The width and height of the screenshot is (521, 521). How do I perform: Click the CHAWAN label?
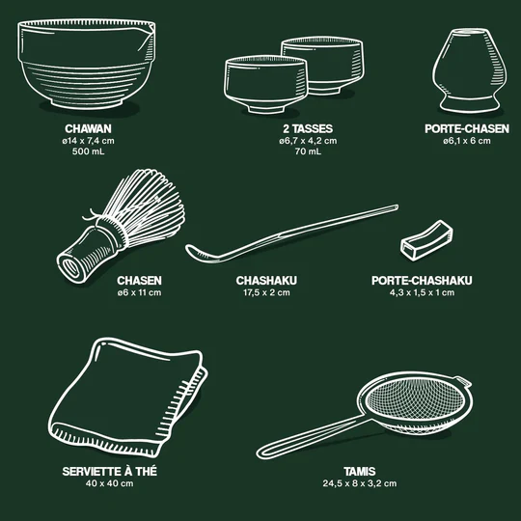pyautogui.click(x=88, y=128)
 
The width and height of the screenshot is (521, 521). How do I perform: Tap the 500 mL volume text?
pyautogui.click(x=88, y=151)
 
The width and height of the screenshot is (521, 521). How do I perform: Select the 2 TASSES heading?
pyautogui.click(x=308, y=128)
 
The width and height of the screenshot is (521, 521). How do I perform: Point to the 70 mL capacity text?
pyautogui.click(x=308, y=151)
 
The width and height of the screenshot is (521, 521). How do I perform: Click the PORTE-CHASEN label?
pyautogui.click(x=467, y=128)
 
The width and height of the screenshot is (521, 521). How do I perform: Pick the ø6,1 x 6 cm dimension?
pyautogui.click(x=467, y=141)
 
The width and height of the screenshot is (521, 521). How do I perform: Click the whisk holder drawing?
pyautogui.click(x=470, y=70)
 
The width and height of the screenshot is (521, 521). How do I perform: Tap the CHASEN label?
pyautogui.click(x=139, y=281)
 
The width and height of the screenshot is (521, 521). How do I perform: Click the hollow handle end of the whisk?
pyautogui.click(x=70, y=267)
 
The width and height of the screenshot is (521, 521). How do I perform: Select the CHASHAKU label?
pyautogui.click(x=266, y=281)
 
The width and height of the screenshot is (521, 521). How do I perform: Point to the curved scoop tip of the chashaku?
pyautogui.click(x=195, y=253)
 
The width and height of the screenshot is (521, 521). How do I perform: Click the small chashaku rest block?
pyautogui.click(x=426, y=240)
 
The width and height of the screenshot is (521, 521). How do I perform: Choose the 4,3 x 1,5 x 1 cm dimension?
pyautogui.click(x=422, y=292)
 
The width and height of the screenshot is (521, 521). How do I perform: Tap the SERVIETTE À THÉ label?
pyautogui.click(x=109, y=471)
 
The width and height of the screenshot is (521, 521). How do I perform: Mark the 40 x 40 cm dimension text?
pyautogui.click(x=109, y=483)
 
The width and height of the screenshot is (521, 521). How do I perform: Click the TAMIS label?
pyautogui.click(x=360, y=471)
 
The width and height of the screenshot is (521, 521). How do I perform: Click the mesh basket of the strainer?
pyautogui.click(x=415, y=403)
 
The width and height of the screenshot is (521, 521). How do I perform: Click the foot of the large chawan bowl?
pyautogui.click(x=88, y=102)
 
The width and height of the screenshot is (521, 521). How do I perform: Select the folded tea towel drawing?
pyautogui.click(x=128, y=398)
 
